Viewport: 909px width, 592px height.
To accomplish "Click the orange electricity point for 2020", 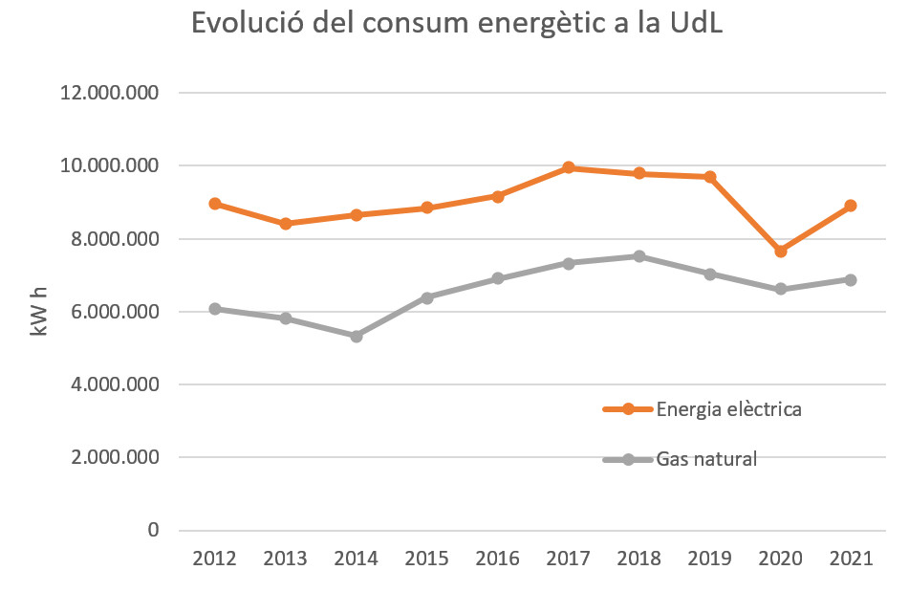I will (x=780, y=251).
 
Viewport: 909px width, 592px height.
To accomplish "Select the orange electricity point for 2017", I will (x=569, y=167).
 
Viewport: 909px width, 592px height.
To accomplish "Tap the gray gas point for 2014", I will (x=357, y=336).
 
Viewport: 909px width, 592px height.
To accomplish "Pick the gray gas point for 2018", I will (x=639, y=256).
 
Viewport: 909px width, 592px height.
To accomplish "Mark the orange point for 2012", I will (x=215, y=204).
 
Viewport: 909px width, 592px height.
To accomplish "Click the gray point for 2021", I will (x=851, y=279).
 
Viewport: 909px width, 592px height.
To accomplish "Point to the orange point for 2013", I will (x=286, y=224).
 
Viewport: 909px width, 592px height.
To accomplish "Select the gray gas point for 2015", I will (x=427, y=297).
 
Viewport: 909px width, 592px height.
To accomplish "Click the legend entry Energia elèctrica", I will (x=727, y=409).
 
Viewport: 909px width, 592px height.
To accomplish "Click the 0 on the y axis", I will (x=153, y=531).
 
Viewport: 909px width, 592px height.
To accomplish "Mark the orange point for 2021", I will (x=851, y=206).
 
